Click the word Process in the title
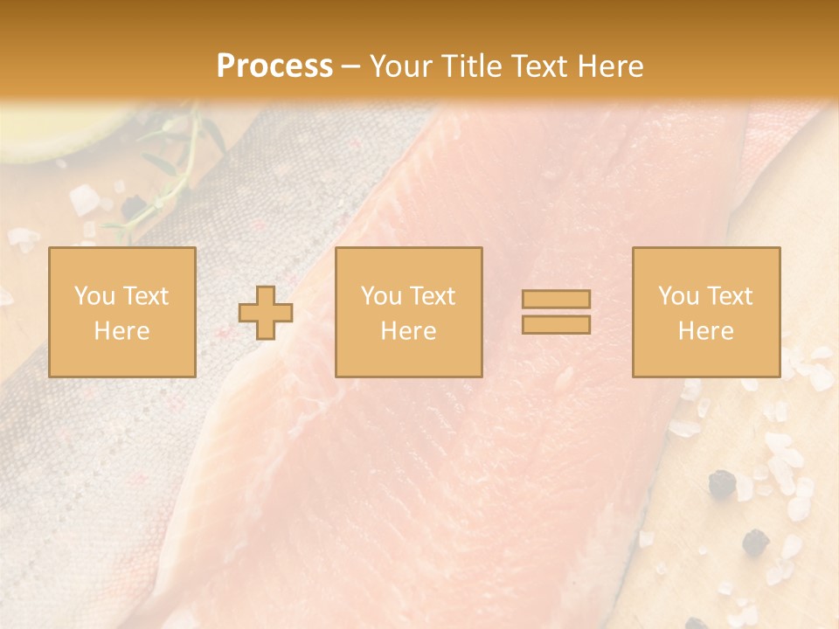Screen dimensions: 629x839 (x=274, y=66)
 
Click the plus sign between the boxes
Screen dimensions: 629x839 (x=266, y=312)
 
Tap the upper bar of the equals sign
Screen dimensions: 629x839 (x=556, y=299)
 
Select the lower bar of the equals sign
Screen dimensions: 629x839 (x=556, y=324)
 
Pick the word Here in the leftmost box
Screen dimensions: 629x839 (x=121, y=331)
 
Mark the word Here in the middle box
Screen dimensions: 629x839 (x=408, y=331)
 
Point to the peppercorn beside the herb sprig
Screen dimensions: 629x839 (x=133, y=206)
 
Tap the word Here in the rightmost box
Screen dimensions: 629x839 (x=705, y=331)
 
